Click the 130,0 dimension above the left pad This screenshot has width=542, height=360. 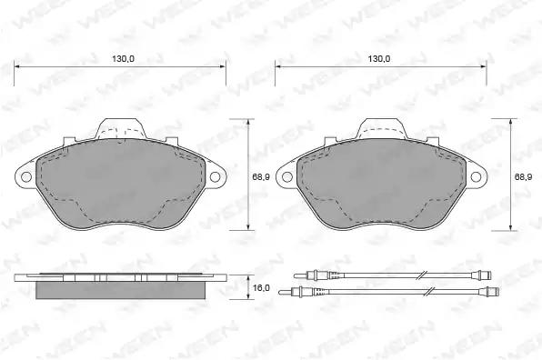pos(123,59)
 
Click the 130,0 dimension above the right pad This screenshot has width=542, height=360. pos(379,59)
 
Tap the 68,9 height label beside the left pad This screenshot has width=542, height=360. pos(261,177)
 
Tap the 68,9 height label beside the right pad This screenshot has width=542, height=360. pos(524,177)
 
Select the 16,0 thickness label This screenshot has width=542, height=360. pos(261,287)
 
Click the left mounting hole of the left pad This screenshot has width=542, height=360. pos(26,177)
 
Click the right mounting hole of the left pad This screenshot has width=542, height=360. pos(215,177)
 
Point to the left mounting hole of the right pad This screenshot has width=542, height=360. pos(287,177)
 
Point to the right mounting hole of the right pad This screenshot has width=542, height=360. pos(476,177)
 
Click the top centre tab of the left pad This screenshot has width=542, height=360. pos(120,128)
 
